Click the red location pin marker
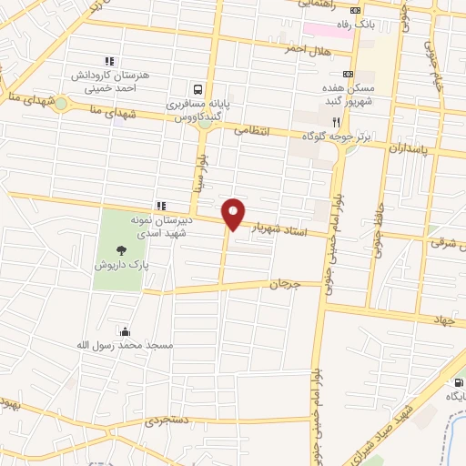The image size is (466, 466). click(x=234, y=213)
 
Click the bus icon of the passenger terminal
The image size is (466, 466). click(x=198, y=89)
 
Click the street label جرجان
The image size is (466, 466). click(x=283, y=284)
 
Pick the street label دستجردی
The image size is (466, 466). click(x=170, y=420)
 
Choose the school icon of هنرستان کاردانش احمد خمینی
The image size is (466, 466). click(x=110, y=61)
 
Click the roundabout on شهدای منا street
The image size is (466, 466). click(x=61, y=103)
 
